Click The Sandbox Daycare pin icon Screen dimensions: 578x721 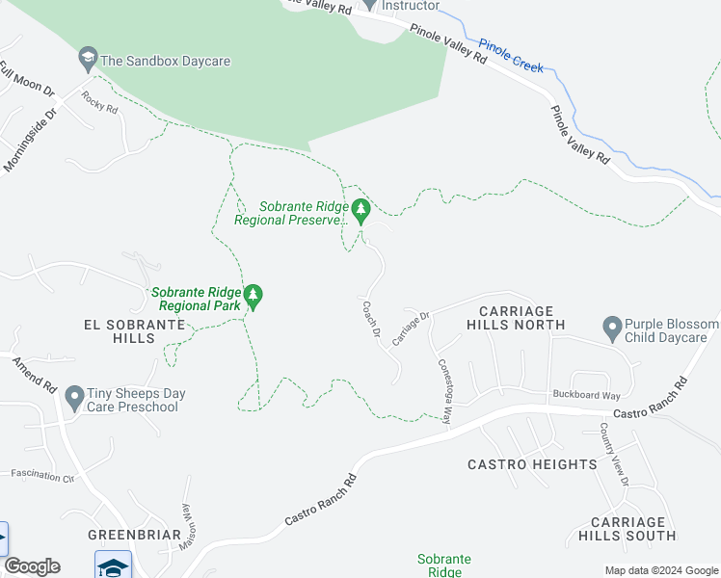coord(88,60)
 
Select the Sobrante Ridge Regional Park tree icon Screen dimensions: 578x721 coord(254,296)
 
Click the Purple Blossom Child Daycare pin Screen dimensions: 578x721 coord(610,328)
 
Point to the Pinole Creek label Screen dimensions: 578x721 coord(511,57)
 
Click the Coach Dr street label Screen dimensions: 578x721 coord(371,321)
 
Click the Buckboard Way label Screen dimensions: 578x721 coord(586,395)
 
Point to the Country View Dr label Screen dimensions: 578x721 coord(613,454)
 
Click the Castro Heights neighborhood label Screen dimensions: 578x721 coord(532,464)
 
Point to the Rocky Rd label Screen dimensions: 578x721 coord(98,102)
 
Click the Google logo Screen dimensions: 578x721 coord(32,566)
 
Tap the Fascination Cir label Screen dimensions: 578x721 coord(42,476)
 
